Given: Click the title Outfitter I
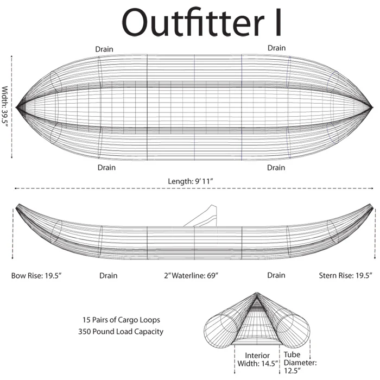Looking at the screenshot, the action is [x=201, y=22].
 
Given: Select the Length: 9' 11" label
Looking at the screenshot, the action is [x=191, y=181].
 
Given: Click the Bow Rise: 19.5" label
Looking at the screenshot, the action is [x=36, y=276].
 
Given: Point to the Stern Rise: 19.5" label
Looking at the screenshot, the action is [x=346, y=276].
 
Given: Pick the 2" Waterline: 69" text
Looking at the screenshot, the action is [x=191, y=276].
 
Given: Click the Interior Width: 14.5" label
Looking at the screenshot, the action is [x=257, y=359].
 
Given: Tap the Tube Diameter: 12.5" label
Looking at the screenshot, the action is [x=300, y=363].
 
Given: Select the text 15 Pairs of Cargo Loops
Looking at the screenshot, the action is [x=121, y=320].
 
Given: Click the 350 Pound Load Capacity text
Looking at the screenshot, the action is [x=121, y=332].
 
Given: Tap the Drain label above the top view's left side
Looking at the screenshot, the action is [x=104, y=49].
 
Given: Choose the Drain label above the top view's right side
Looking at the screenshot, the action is [x=276, y=48].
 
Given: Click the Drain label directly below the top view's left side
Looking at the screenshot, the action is [x=106, y=167].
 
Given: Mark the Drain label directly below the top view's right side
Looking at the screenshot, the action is [x=276, y=167].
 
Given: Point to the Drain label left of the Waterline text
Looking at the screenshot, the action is [x=109, y=276].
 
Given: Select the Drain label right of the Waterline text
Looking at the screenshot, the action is [x=276, y=275].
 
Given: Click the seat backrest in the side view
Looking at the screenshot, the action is [x=208, y=216].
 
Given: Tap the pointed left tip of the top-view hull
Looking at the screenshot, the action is [x=16, y=107].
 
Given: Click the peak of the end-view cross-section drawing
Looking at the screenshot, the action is [x=257, y=293].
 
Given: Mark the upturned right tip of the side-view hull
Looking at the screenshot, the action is [x=371, y=205].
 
